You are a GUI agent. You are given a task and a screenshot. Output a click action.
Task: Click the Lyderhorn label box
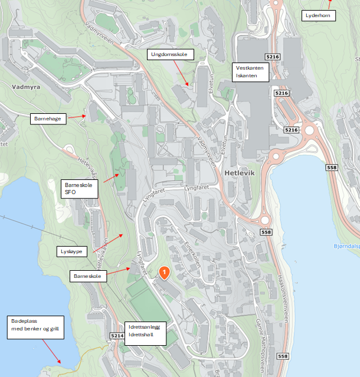(318, 15)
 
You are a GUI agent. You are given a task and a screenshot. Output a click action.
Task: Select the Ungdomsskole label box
(169, 55)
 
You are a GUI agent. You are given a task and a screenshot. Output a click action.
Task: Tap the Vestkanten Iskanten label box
(251, 71)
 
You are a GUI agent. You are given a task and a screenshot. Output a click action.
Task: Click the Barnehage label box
(47, 119)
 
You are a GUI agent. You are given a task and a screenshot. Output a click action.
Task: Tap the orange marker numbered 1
(165, 273)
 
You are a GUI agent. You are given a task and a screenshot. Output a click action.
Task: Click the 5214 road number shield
(117, 336)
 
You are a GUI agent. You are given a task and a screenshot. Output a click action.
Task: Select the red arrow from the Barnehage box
(76, 117)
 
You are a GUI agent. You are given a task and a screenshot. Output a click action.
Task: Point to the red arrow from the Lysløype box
(109, 243)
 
